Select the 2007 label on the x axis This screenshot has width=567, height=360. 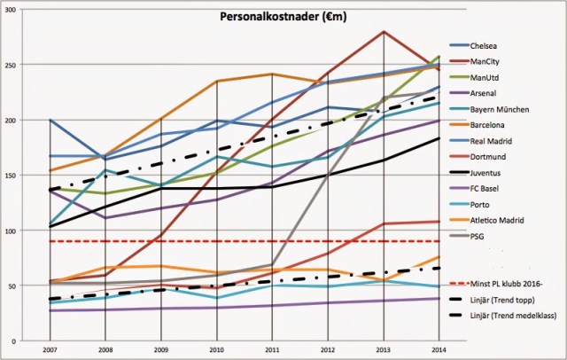[48, 349]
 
